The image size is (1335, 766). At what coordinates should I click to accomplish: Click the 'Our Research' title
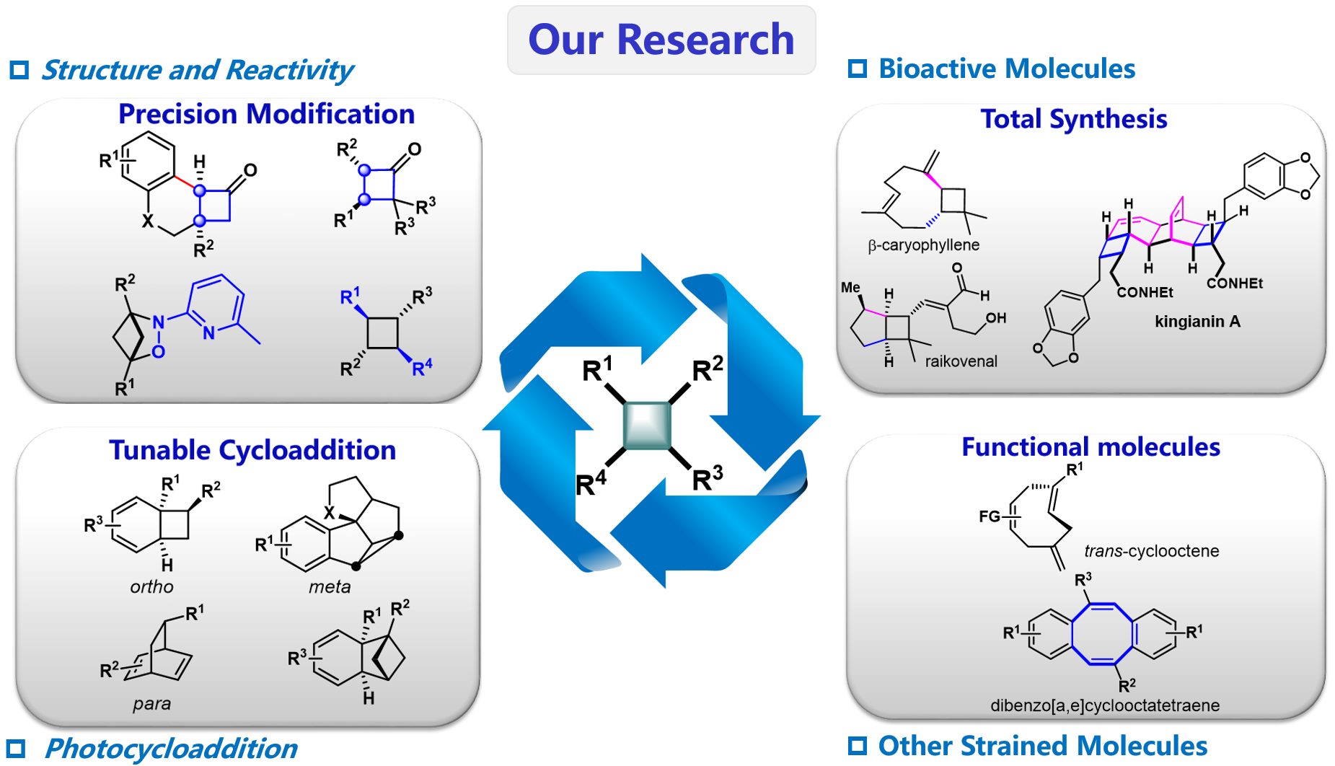point(661,40)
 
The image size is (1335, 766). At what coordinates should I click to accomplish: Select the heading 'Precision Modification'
point(266,114)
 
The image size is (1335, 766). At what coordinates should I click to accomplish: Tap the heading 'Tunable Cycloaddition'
point(252,450)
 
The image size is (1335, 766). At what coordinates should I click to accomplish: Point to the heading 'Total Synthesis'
point(1073,119)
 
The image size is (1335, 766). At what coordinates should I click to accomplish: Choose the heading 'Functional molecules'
point(1091,447)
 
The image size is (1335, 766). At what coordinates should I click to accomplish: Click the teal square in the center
point(647,426)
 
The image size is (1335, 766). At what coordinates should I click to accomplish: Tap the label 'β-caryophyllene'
point(923,245)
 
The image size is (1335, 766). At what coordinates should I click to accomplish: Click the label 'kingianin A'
point(1197,322)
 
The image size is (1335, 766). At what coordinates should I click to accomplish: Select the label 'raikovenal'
point(961,361)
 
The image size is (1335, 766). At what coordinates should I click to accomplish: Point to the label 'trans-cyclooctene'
point(1151,552)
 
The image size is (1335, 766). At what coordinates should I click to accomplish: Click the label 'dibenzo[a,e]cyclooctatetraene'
point(1105,705)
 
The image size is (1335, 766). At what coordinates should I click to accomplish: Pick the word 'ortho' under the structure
point(151,587)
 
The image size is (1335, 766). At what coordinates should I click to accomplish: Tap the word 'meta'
point(330,587)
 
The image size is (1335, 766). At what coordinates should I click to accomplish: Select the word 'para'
point(151,704)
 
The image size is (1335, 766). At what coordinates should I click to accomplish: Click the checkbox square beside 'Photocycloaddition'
point(17,749)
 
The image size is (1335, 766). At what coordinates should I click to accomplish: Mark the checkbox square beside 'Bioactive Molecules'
point(857,69)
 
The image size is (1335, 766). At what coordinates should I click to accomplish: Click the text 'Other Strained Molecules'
point(1042,746)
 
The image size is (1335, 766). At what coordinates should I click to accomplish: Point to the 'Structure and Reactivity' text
point(197,70)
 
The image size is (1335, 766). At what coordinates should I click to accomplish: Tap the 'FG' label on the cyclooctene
point(990,516)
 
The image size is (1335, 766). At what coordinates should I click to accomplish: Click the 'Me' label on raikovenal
point(850,288)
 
